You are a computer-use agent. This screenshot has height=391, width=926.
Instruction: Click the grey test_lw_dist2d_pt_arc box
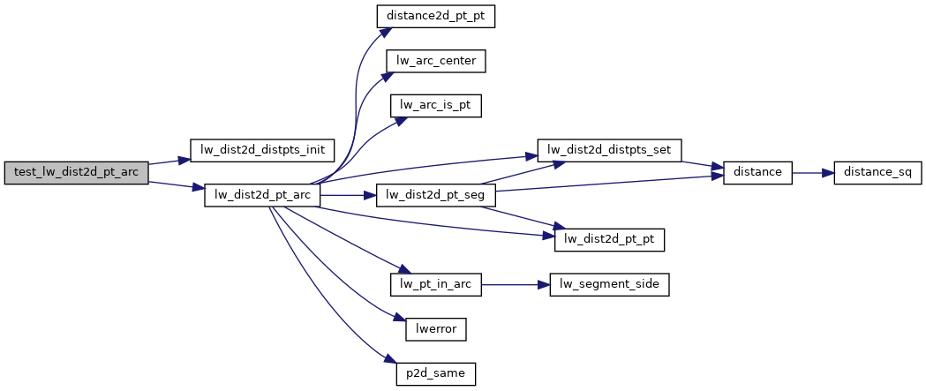point(75,171)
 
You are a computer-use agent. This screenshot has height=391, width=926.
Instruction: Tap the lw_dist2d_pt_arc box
point(261,194)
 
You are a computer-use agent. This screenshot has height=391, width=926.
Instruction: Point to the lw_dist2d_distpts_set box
point(610,149)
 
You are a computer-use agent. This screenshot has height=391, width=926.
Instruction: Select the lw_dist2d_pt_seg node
point(436,194)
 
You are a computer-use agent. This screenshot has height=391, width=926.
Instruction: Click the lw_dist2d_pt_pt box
point(609,238)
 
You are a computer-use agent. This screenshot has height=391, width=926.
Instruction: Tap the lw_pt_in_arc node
point(436,284)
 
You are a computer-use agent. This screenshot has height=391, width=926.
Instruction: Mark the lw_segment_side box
point(609,284)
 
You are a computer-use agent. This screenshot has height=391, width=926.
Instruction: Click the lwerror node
point(436,328)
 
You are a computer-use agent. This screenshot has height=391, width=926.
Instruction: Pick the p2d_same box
point(436,373)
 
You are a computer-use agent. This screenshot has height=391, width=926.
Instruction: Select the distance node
point(757,171)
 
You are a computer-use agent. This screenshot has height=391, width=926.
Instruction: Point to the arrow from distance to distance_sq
point(812,171)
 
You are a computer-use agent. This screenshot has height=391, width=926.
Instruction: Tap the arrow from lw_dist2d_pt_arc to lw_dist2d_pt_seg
point(348,194)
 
